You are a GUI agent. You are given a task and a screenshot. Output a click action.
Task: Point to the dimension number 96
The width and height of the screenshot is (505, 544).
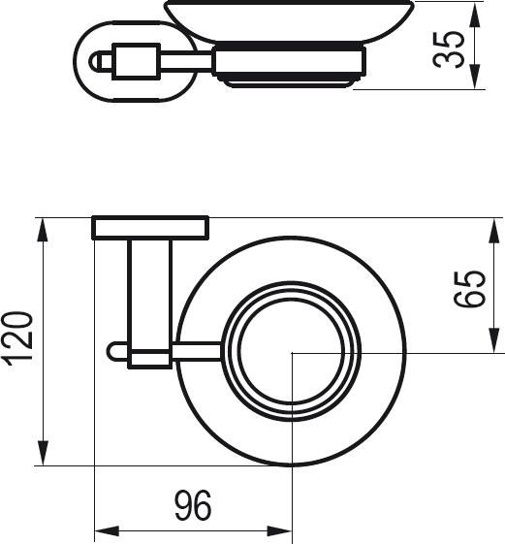coord(192,505)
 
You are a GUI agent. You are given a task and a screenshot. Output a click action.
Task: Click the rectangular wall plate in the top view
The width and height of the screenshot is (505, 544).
coord(150,228)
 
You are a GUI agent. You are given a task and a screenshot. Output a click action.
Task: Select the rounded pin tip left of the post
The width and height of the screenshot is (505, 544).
coord(114,350)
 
